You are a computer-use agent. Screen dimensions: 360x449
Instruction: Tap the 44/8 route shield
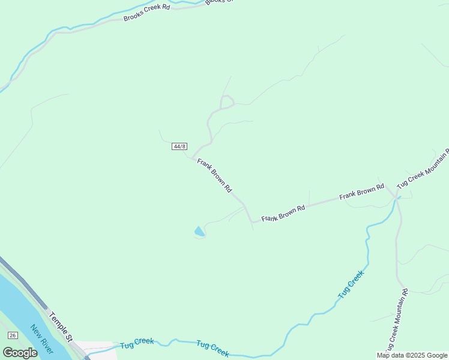click(x=179, y=146)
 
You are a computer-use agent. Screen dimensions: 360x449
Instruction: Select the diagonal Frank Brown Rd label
click(x=214, y=175)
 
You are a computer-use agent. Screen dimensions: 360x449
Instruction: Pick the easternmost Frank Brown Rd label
click(x=361, y=192)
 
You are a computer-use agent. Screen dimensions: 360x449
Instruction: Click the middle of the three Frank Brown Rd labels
click(x=283, y=214)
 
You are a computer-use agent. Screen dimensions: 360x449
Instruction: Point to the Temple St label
click(x=61, y=325)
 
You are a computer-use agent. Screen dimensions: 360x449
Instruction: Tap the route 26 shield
click(x=12, y=335)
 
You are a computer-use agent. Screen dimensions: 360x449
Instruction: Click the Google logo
click(x=20, y=353)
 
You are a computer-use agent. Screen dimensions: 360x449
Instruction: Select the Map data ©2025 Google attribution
click(x=412, y=355)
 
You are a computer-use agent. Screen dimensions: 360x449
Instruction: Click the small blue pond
click(x=199, y=232)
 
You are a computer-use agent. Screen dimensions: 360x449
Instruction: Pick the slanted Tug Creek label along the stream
click(x=351, y=285)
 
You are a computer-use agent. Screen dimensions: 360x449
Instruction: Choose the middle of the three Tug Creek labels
click(x=212, y=348)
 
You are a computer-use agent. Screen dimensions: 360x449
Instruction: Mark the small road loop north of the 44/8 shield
click(x=227, y=102)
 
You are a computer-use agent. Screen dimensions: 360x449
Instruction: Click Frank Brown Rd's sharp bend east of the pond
click(x=252, y=222)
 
